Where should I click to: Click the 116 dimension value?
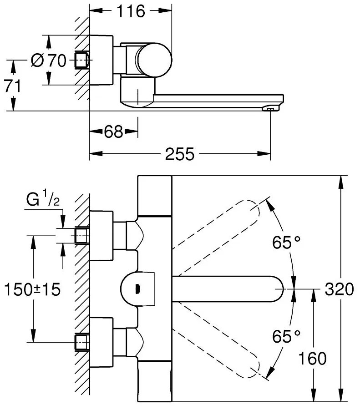tap(130, 11)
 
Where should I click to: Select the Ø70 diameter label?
tap(49, 60)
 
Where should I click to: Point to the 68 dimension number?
tap(113, 132)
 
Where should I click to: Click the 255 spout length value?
tap(179, 154)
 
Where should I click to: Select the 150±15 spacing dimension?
tap(32, 289)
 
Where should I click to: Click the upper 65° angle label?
tap(287, 243)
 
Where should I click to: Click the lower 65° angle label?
tap(287, 337)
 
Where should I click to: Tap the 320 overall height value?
tap(339, 289)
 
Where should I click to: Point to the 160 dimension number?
tap(312, 359)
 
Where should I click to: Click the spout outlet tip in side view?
tap(270, 108)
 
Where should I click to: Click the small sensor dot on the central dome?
tap(137, 288)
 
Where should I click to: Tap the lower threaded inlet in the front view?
tap(81, 341)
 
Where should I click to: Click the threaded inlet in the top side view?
tap(81, 60)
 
